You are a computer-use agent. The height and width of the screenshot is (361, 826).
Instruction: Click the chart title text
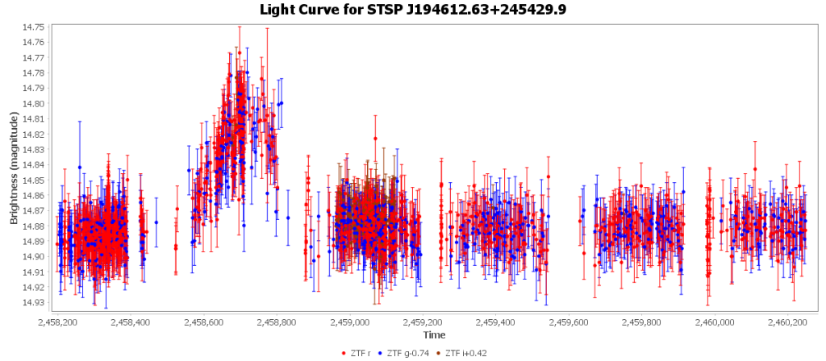(x=413, y=10)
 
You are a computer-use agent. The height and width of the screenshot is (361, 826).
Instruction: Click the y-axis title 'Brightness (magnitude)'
(x=14, y=168)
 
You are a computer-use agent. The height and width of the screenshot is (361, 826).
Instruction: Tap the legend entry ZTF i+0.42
(x=464, y=353)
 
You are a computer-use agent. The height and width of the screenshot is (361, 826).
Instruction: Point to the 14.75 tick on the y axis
(x=35, y=27)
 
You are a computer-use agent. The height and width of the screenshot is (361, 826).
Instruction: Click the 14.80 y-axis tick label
(x=35, y=104)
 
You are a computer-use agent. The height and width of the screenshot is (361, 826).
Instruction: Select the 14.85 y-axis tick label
(x=35, y=180)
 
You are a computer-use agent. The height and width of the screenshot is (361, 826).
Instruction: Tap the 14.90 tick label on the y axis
(x=35, y=256)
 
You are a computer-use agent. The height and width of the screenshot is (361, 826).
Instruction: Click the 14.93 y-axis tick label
(x=35, y=302)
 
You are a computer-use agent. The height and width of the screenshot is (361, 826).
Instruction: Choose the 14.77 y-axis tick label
(x=35, y=58)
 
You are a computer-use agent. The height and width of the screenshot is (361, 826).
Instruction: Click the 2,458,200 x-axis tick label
(x=59, y=322)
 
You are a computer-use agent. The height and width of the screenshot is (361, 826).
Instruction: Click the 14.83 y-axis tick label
(x=35, y=150)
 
